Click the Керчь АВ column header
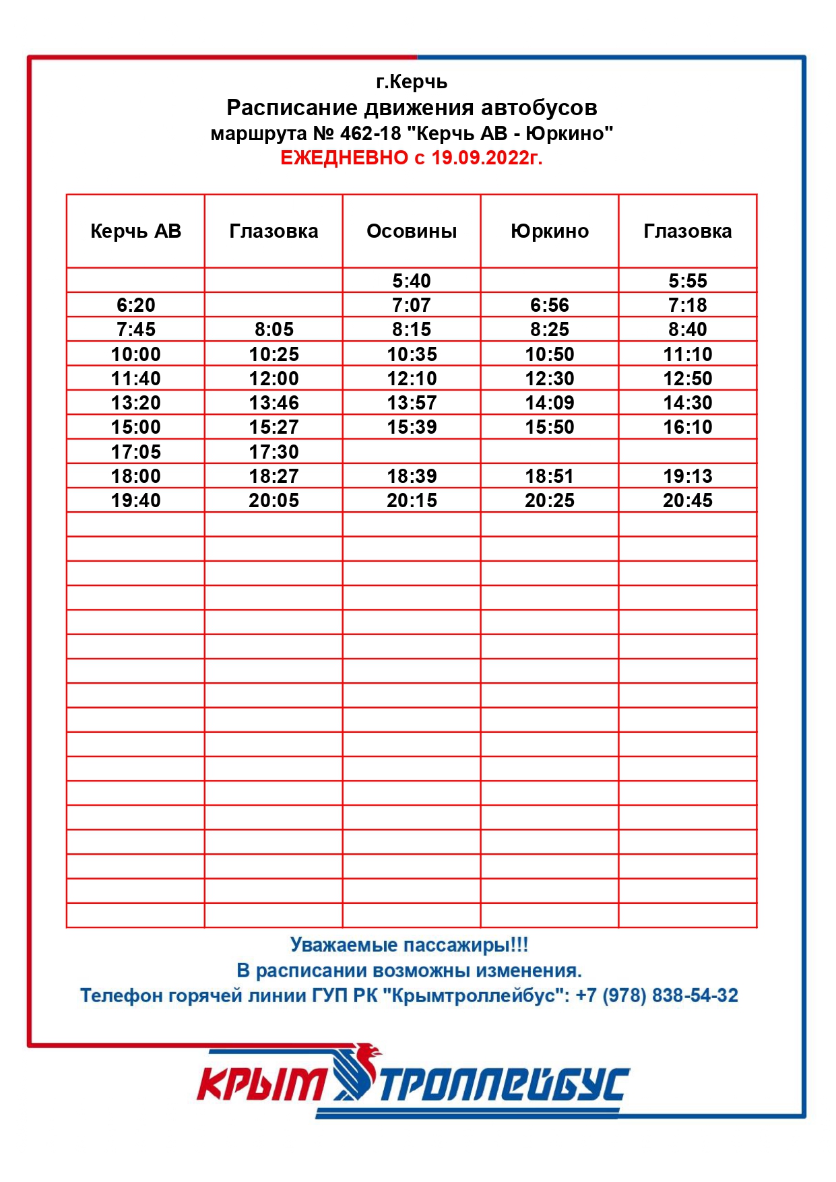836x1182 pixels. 135,231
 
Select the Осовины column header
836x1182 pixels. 412,231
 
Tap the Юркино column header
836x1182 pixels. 550,231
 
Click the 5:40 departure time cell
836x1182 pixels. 412,280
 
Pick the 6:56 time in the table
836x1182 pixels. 550,305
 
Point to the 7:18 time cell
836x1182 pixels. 687,305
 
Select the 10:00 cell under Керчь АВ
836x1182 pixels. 135,354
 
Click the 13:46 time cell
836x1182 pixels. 274,403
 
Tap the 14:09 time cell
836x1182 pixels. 550,403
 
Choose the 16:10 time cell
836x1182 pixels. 687,427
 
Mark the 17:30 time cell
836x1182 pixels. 274,451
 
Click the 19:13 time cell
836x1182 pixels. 687,476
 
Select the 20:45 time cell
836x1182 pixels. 687,500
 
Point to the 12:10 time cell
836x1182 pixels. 412,379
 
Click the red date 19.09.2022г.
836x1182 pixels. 486,158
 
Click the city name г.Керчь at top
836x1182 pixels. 412,82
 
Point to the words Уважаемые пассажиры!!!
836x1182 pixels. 409,944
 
